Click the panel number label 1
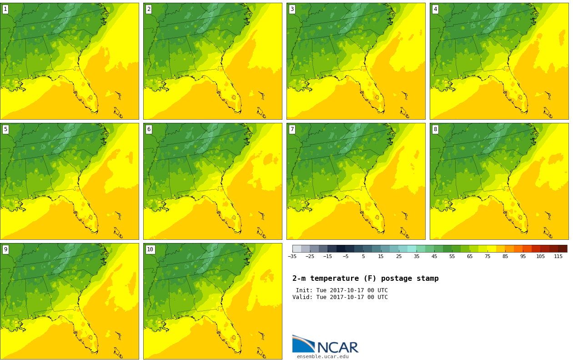click(5, 10)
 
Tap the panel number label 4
click(435, 10)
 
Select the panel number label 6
click(149, 129)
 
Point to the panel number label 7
click(292, 129)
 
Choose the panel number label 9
click(5, 249)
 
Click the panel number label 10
click(150, 249)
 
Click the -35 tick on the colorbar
click(292, 256)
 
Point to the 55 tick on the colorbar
click(452, 256)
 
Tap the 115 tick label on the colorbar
click(558, 256)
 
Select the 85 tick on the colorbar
click(505, 256)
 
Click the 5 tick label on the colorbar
click(363, 256)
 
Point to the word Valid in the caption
click(302, 297)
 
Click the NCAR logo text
click(338, 347)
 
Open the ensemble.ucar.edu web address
click(322, 356)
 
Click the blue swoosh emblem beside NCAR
click(304, 343)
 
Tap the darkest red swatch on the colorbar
click(563, 248)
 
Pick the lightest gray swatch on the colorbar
click(297, 248)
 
